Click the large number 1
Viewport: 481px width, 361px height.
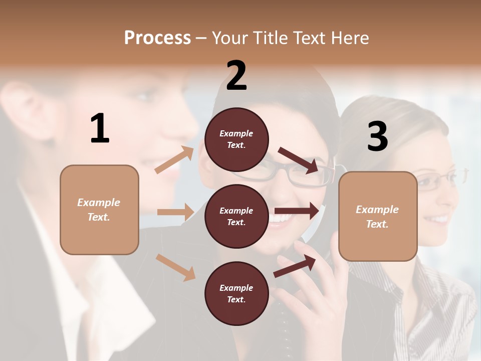[100, 129]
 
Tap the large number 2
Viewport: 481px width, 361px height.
[236, 76]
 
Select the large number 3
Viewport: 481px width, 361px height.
[377, 137]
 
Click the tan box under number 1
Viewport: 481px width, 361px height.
[99, 210]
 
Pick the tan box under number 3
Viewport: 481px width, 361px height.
[378, 217]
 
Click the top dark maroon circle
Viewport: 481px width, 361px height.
[236, 139]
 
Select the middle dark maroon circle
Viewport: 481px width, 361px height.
[236, 216]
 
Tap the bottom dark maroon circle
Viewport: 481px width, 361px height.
[236, 293]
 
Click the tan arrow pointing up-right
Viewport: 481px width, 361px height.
[174, 160]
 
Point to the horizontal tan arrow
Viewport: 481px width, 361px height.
[175, 212]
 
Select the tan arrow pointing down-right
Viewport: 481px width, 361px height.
[175, 267]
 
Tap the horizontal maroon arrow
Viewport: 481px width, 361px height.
[297, 211]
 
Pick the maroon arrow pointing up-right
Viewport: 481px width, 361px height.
[295, 266]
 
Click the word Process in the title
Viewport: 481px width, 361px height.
[157, 38]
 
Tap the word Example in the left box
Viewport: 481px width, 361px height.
[99, 203]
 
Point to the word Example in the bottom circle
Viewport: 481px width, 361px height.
[236, 288]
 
